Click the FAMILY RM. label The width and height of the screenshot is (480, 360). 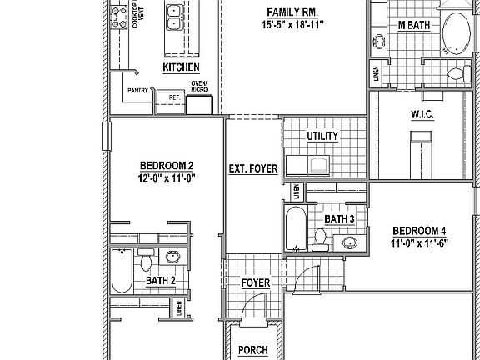click(290, 11)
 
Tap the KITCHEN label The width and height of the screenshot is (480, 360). click(181, 67)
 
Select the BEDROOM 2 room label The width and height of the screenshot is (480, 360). click(167, 165)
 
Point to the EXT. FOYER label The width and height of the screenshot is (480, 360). click(252, 169)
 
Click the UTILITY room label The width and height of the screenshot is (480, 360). click(322, 135)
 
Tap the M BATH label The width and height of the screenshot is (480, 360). click(413, 25)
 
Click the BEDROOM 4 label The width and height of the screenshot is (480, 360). click(419, 231)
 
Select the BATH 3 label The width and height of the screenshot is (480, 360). click(340, 218)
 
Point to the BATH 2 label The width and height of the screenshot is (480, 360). click(161, 281)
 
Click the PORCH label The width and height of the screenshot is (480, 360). click(252, 350)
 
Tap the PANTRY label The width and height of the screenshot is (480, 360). click(137, 90)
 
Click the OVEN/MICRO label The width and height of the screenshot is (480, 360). click(199, 87)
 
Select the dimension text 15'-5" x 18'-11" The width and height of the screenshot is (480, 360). click(291, 25)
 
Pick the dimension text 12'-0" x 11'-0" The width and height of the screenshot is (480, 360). click(167, 177)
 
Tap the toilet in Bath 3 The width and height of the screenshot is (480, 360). click(319, 238)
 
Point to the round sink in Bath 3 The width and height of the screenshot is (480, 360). click(351, 243)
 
